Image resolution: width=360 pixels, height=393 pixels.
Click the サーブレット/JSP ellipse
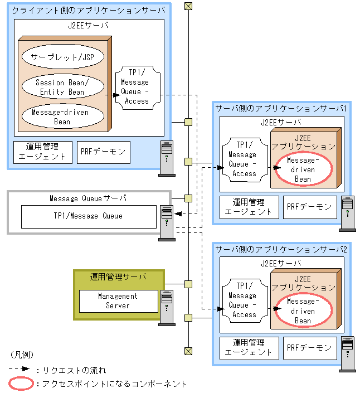coord(63,57)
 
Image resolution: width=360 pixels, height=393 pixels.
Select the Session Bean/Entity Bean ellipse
coord(63,87)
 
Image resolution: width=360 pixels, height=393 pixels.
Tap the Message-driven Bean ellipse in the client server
coord(63,117)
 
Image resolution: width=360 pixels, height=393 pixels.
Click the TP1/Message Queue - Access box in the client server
coord(137,87)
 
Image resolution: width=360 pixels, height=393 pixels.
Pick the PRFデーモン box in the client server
coord(104,152)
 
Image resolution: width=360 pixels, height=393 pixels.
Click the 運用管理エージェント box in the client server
coord(42,152)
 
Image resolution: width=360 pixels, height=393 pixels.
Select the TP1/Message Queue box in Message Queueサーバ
coord(88,216)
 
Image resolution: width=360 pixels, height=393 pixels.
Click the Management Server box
coord(118,301)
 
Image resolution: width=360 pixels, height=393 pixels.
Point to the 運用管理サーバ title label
coord(118,277)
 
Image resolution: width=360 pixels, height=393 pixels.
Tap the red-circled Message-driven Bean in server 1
coord(303,169)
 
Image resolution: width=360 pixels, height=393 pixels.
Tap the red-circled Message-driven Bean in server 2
coord(303,311)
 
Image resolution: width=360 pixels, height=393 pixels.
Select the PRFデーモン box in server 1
coord(309,206)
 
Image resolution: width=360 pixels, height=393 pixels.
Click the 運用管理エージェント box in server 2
coord(248,348)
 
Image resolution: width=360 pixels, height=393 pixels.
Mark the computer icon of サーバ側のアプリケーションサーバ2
coord(348,353)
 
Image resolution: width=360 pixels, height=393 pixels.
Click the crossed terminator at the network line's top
coord(188,6)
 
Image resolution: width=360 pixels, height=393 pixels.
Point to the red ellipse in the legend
coord(20,384)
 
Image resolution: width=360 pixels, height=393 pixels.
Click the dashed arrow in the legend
coord(20,369)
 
